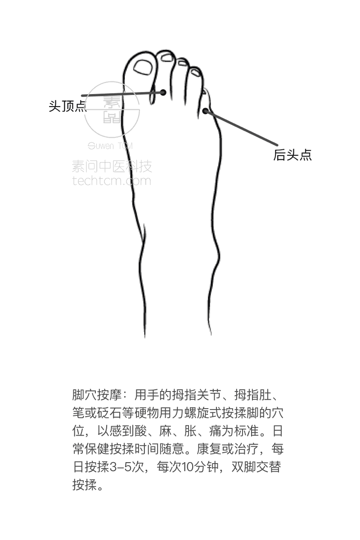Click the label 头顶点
pos(67,106)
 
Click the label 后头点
pos(292,155)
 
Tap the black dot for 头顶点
pos(163,92)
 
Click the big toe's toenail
pos(143,67)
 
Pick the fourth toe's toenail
pos(195,72)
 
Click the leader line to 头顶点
pos(122,94)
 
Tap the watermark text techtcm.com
pos(112,181)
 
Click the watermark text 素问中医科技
pos(112,166)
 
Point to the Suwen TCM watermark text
pos(110,146)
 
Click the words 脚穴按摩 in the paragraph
pos(97,395)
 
